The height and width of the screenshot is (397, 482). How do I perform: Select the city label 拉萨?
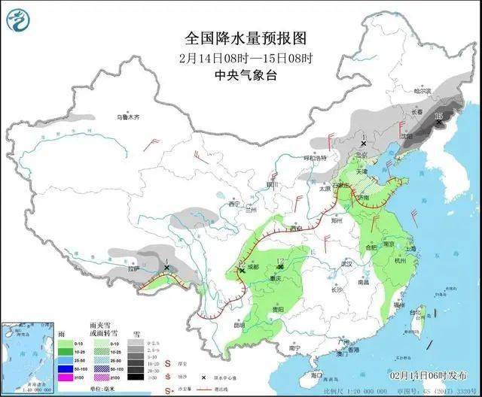tap(133, 268)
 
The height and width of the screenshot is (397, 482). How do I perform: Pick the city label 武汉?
tap(346, 265)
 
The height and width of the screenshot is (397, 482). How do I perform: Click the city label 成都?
tap(252, 266)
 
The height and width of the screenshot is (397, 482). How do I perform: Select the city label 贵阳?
tap(278, 309)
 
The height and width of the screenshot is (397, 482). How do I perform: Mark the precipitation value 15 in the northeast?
tap(438, 115)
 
